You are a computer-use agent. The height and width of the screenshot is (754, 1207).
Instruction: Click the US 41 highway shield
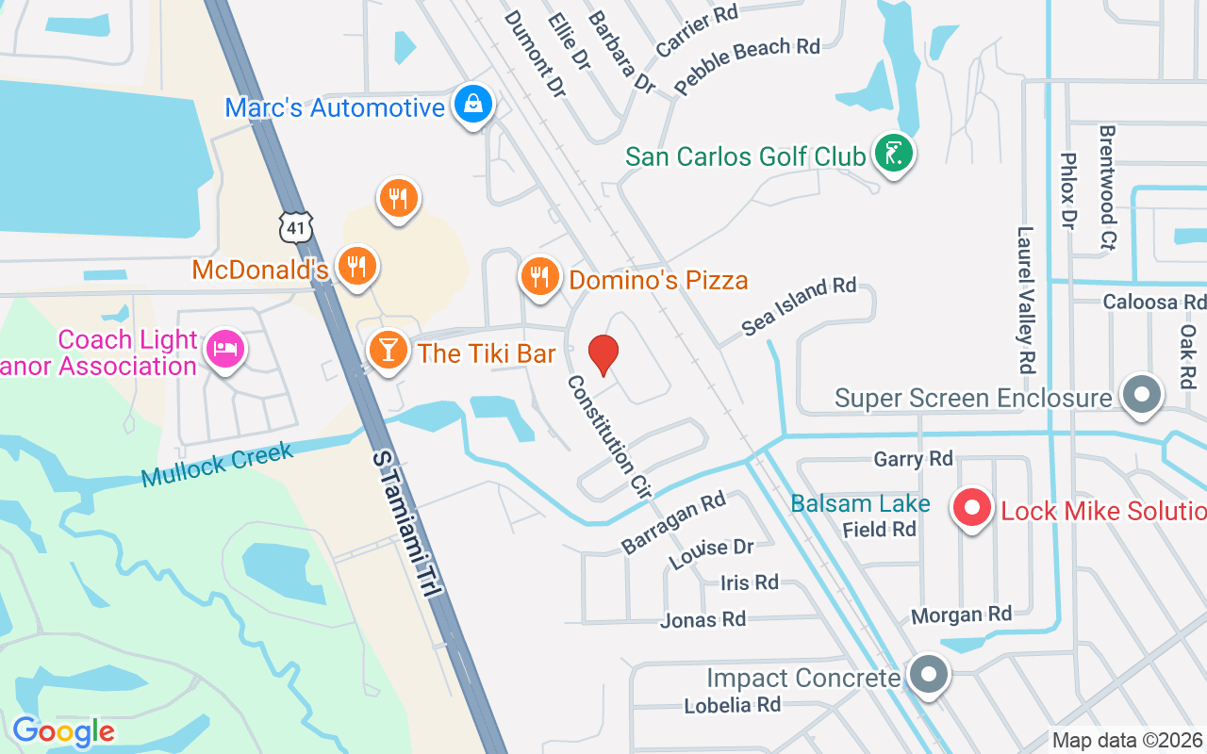(x=295, y=225)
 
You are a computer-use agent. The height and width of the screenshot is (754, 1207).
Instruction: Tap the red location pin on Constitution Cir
(x=603, y=354)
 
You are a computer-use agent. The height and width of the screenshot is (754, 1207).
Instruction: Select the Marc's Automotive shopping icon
(x=473, y=105)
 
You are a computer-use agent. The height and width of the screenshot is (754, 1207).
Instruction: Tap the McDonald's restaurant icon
(x=356, y=267)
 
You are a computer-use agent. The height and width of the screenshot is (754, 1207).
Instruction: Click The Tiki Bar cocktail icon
(x=387, y=351)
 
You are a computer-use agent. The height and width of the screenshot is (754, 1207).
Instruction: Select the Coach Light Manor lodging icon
(x=225, y=350)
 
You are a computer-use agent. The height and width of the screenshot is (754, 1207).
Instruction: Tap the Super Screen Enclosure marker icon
(x=1142, y=396)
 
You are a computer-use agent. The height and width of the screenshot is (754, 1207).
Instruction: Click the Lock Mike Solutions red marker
(x=971, y=509)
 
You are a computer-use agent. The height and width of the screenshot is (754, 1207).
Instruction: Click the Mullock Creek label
(x=217, y=463)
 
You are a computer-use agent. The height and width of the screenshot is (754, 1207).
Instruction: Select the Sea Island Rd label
(x=799, y=306)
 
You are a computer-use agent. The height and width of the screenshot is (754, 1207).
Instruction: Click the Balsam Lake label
(x=860, y=504)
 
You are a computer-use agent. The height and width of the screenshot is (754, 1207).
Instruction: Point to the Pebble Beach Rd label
(x=748, y=65)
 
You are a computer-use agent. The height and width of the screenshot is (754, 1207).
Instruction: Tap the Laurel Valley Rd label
(x=1026, y=299)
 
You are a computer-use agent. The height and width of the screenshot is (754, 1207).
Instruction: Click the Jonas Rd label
(x=703, y=619)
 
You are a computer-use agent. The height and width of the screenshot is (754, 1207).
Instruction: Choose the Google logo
(x=63, y=731)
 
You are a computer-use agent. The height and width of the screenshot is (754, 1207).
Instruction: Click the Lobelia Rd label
(x=732, y=704)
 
